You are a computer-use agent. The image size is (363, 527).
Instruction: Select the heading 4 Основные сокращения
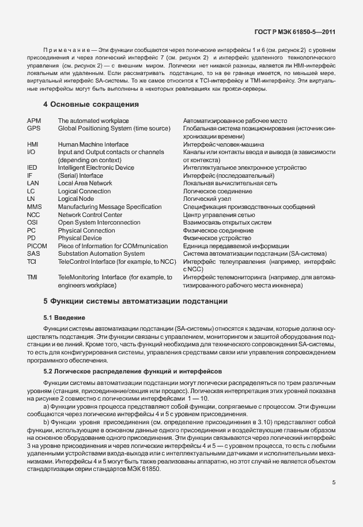(x=91, y=104)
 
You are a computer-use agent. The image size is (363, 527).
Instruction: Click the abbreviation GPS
(x=34, y=128)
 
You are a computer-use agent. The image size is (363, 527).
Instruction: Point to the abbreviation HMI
(x=33, y=144)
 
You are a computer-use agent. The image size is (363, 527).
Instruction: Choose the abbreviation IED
(x=32, y=167)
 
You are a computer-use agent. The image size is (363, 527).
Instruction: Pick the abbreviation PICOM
(x=37, y=246)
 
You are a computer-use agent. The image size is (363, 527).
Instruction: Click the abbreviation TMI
(x=32, y=277)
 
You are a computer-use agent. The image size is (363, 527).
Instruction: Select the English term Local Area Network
(x=85, y=183)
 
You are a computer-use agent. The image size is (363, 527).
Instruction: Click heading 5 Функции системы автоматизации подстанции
(x=135, y=301)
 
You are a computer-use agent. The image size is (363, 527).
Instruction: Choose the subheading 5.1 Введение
(x=65, y=318)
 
